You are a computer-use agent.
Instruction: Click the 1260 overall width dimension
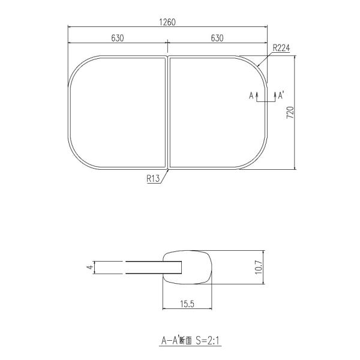pyautogui.click(x=167, y=22)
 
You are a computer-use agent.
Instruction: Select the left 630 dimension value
pyautogui.click(x=118, y=38)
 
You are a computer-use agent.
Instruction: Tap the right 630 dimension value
pyautogui.click(x=217, y=38)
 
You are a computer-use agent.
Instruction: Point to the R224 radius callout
pyautogui.click(x=281, y=48)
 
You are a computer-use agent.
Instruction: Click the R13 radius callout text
pyautogui.click(x=153, y=178)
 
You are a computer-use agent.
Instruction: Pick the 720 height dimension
pyautogui.click(x=290, y=113)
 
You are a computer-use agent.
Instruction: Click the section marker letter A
pyautogui.click(x=251, y=95)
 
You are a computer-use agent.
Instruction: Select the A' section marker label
pyautogui.click(x=281, y=95)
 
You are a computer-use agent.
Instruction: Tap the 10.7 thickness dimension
pyautogui.click(x=259, y=267)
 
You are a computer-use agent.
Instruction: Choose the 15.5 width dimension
pyautogui.click(x=187, y=304)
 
